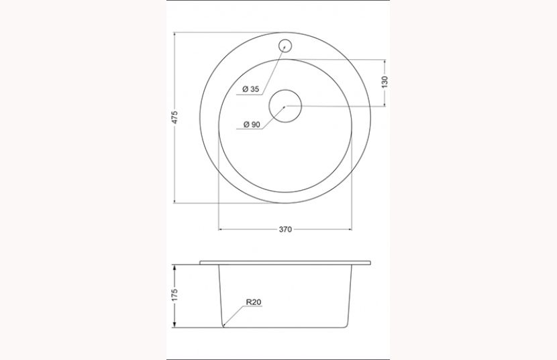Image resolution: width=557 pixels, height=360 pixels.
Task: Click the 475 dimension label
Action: (x=174, y=118)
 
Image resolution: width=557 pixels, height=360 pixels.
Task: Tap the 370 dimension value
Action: (x=285, y=230)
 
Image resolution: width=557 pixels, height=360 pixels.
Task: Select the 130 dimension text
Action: (x=385, y=82)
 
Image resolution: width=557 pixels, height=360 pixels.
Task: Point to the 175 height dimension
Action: (x=174, y=295)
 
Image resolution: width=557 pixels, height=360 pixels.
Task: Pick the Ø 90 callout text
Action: (x=251, y=124)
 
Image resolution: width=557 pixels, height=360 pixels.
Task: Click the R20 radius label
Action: (x=253, y=303)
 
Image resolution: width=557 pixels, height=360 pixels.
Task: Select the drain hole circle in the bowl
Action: (x=285, y=107)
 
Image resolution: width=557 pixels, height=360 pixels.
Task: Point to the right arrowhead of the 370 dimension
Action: (x=350, y=230)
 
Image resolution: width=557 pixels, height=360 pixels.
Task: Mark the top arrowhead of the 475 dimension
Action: (x=174, y=34)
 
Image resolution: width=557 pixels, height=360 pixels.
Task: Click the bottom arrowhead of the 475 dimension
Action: (x=174, y=201)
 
